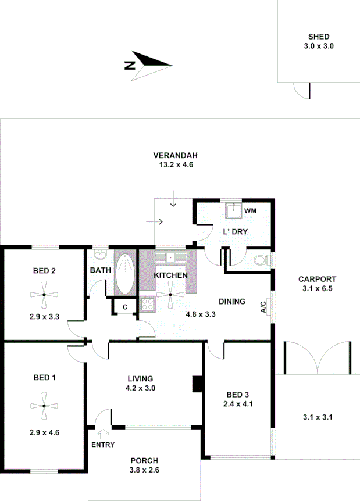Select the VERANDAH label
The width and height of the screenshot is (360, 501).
[176, 155]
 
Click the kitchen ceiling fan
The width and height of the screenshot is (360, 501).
[170, 294]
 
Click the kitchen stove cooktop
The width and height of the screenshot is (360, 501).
[146, 303]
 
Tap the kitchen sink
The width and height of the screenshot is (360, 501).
[170, 257]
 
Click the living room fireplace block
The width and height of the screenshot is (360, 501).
[197, 384]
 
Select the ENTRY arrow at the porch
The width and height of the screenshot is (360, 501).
[104, 433]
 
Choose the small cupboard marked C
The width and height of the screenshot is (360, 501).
[124, 307]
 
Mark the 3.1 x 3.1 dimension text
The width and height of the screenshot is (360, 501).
[318, 417]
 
